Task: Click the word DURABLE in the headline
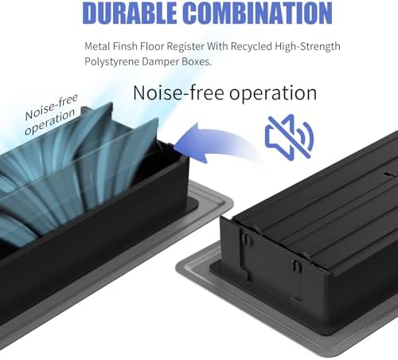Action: tap(129, 13)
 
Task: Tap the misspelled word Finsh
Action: tap(125, 46)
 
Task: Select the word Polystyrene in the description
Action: tap(111, 61)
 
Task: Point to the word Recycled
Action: tap(251, 46)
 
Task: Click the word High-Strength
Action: tap(307, 46)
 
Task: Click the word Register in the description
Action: tap(185, 46)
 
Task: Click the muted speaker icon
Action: tap(290, 137)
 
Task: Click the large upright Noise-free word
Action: tap(178, 93)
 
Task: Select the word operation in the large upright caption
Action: tap(273, 93)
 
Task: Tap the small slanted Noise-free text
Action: tap(51, 107)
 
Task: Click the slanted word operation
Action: tap(49, 122)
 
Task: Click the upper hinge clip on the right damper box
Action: tap(247, 239)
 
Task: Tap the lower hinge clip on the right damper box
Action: tap(297, 266)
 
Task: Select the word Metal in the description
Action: tap(97, 46)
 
